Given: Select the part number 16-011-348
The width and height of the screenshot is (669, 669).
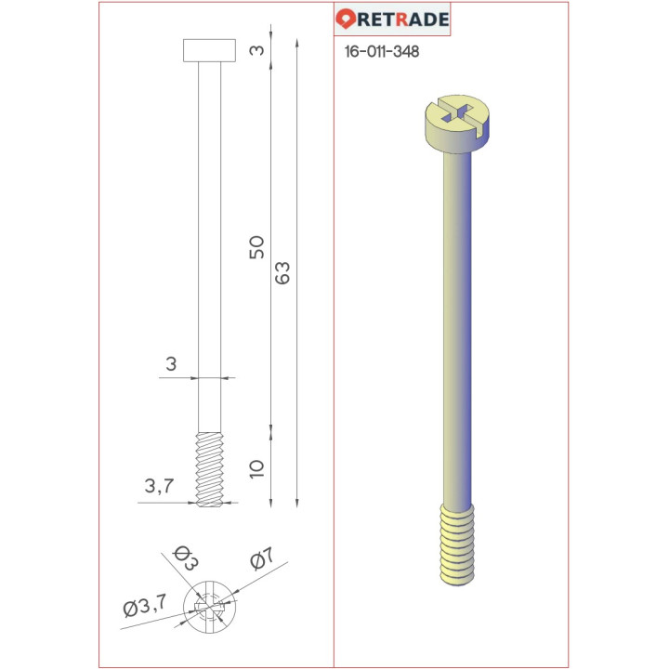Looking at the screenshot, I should pyautogui.click(x=381, y=52).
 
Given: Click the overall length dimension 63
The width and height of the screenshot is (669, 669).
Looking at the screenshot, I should pyautogui.click(x=283, y=272).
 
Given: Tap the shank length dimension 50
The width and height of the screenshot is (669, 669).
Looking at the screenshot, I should pyautogui.click(x=257, y=246).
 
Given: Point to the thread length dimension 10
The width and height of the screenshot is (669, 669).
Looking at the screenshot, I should pyautogui.click(x=257, y=467).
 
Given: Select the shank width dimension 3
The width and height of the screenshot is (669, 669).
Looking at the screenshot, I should pyautogui.click(x=170, y=364).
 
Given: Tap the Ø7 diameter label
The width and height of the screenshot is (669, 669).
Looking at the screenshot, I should pyautogui.click(x=261, y=559).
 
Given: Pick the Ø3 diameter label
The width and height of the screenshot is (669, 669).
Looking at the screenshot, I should pyautogui.click(x=183, y=560).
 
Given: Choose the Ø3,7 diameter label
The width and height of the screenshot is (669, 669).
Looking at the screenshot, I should pyautogui.click(x=144, y=609).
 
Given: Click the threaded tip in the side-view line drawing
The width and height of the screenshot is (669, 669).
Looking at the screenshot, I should pyautogui.click(x=211, y=468).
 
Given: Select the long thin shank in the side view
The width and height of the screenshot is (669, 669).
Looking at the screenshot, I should pyautogui.click(x=211, y=242).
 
